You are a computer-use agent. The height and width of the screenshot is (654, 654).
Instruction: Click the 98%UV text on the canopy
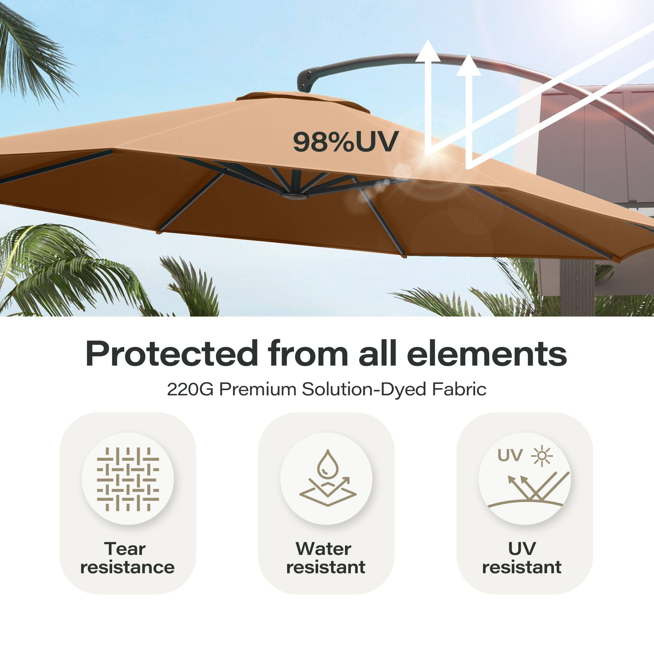pyautogui.click(x=345, y=142)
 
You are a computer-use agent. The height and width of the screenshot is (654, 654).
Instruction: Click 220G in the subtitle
pyautogui.click(x=190, y=389)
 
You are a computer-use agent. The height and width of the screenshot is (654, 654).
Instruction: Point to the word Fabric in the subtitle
pyautogui.click(x=459, y=389)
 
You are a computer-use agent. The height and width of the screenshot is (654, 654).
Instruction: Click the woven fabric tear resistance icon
pyautogui.click(x=128, y=479)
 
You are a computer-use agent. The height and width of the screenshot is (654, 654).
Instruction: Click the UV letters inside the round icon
pyautogui.click(x=510, y=456)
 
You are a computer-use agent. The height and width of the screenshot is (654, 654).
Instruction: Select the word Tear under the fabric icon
pyautogui.click(x=125, y=549)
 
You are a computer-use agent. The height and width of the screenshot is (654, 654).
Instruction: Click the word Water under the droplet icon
pyautogui.click(x=323, y=549)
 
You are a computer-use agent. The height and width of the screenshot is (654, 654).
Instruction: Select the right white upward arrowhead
pyautogui.click(x=469, y=65)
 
